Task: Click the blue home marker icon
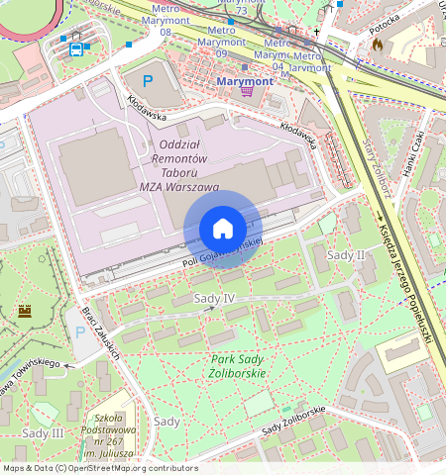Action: click(223, 229)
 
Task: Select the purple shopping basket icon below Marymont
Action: click(246, 91)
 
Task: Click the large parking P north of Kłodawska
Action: click(149, 81)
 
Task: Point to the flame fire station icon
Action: click(378, 45)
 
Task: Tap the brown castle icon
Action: click(25, 311)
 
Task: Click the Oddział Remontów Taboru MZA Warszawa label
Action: click(181, 165)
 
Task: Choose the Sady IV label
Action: click(214, 298)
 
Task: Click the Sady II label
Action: click(347, 254)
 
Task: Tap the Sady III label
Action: click(42, 433)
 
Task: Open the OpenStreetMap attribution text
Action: click(99, 468)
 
